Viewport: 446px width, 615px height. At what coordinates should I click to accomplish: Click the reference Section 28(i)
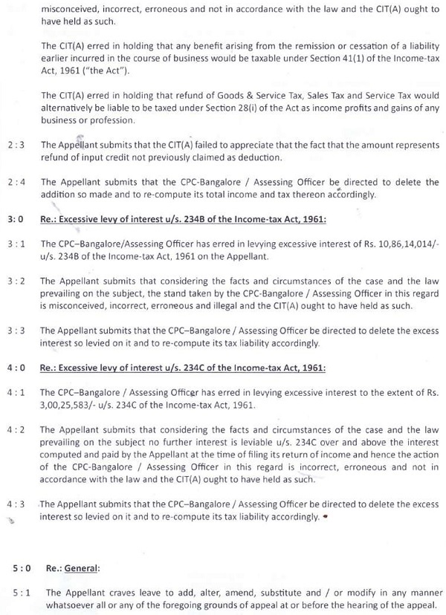point(246,108)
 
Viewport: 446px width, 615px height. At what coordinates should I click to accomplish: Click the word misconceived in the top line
point(69,7)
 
